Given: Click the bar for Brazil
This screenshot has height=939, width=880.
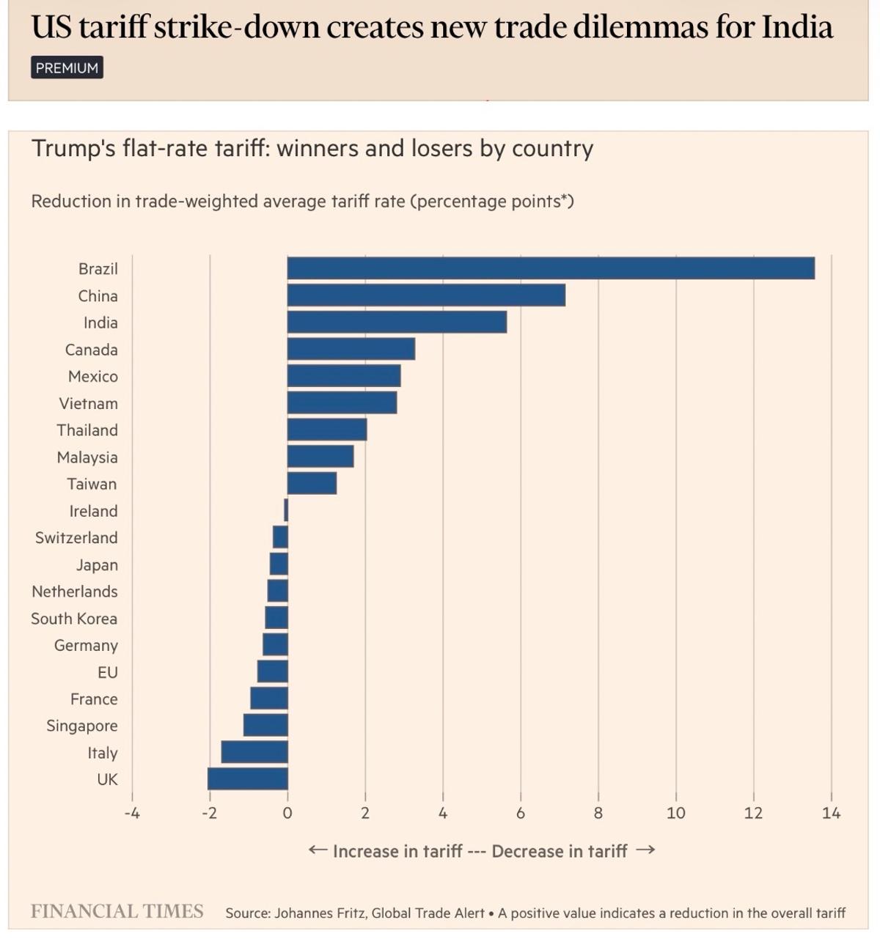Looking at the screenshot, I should (550, 268).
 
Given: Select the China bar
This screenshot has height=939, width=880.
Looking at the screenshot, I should (425, 295).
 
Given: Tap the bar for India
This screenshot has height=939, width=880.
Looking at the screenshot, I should (396, 323).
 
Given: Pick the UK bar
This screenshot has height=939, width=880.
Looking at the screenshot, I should (248, 778).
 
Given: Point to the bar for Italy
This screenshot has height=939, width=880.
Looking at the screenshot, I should (254, 752).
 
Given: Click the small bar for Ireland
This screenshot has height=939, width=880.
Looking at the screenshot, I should (286, 510).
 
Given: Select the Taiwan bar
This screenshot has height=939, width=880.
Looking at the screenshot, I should (312, 484).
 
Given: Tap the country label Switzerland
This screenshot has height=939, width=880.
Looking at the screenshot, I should (76, 538).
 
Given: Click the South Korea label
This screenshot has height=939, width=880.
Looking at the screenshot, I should (74, 619).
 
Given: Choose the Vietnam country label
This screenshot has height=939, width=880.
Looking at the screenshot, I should (88, 404).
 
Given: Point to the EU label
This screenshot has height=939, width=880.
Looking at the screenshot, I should (107, 672).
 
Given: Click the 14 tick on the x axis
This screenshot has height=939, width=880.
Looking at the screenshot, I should (831, 813).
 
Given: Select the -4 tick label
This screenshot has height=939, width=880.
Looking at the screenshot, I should (131, 813).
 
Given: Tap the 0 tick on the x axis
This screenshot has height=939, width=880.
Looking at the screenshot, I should (287, 813).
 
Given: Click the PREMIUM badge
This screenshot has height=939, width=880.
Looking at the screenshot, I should (67, 67).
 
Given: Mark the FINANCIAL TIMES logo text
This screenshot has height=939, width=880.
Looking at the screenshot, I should (117, 911).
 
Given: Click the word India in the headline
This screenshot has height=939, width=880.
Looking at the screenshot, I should (797, 28).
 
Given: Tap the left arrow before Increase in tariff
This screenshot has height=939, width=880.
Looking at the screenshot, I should (318, 850).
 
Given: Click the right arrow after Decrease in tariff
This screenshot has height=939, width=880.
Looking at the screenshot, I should (645, 850).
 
